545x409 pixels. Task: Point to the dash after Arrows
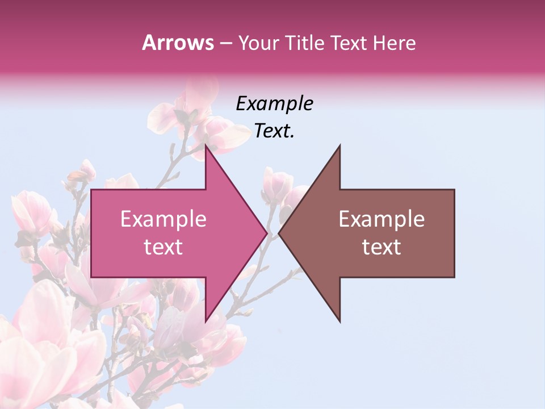coord(225,44)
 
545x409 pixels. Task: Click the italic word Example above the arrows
coord(274,104)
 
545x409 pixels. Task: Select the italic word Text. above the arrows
coord(274,131)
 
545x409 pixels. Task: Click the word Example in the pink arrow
coord(163,219)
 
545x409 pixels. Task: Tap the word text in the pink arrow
coord(163,247)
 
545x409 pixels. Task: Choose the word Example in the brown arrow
coord(381,219)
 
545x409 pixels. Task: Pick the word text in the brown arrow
coord(381,247)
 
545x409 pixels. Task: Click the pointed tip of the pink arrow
coord(266,233)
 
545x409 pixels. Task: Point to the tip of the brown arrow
coord(279,233)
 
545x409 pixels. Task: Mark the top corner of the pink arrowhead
coord(206,146)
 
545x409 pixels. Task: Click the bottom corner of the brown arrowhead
coord(339,322)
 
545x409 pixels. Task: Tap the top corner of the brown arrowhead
coord(339,146)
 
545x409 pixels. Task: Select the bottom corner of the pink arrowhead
coord(206,322)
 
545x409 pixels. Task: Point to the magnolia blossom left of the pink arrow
coord(34,213)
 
